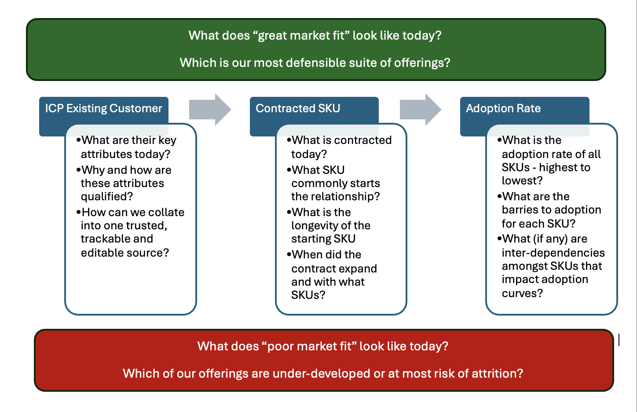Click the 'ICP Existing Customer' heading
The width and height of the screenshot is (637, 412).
point(103,108)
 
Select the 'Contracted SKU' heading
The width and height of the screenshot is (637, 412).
point(298,108)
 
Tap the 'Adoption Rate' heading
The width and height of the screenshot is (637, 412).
point(503,108)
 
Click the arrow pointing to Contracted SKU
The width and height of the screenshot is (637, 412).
point(210,110)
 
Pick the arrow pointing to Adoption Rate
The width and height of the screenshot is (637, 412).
point(421,110)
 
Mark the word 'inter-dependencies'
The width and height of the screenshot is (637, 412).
point(553,253)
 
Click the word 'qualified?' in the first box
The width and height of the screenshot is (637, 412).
point(107,197)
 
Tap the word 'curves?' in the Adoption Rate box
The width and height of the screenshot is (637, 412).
point(522,293)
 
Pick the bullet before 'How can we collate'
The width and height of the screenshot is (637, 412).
point(78,212)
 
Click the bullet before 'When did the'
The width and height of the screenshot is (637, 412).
point(289,254)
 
